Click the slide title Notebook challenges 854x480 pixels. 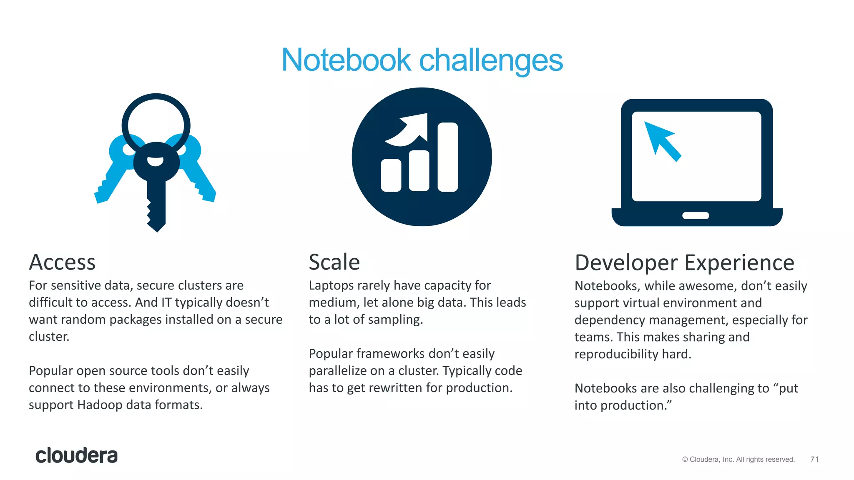click(x=422, y=60)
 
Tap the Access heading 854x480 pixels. click(x=62, y=262)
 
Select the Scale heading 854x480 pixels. click(x=334, y=262)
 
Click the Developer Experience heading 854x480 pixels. click(x=684, y=263)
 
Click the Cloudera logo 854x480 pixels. click(x=76, y=455)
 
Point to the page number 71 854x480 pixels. click(x=814, y=459)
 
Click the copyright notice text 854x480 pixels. click(x=738, y=459)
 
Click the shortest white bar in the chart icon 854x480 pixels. click(x=391, y=175)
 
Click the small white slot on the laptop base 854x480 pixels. click(x=696, y=215)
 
